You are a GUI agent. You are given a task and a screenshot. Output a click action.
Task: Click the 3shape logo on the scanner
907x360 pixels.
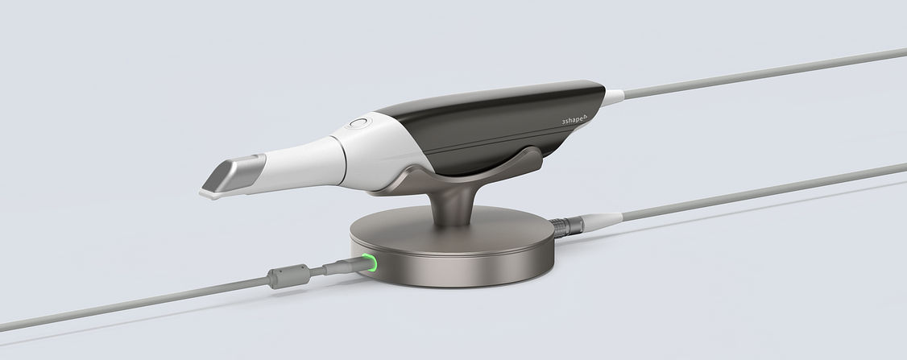[x=574, y=121]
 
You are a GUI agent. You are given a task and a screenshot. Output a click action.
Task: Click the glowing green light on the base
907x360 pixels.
[x=372, y=263]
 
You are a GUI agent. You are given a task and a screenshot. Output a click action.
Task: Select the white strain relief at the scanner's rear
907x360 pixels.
[x=613, y=98]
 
